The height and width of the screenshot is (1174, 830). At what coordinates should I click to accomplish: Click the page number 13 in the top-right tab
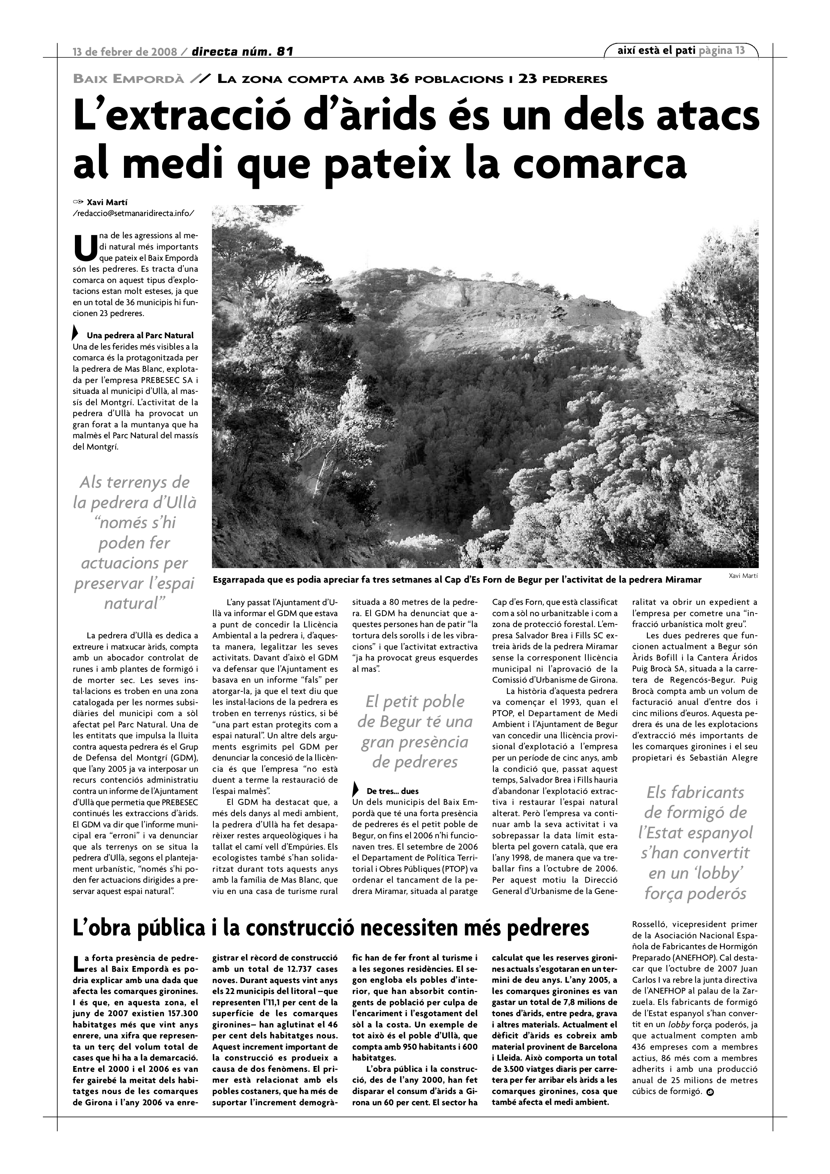pyautogui.click(x=739, y=50)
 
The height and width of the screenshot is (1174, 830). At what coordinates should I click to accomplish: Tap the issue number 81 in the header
pyautogui.click(x=284, y=52)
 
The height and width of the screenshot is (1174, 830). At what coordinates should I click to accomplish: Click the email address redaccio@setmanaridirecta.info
pyautogui.click(x=134, y=213)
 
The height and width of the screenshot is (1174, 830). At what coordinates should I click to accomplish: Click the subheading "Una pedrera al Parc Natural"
pyautogui.click(x=140, y=335)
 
